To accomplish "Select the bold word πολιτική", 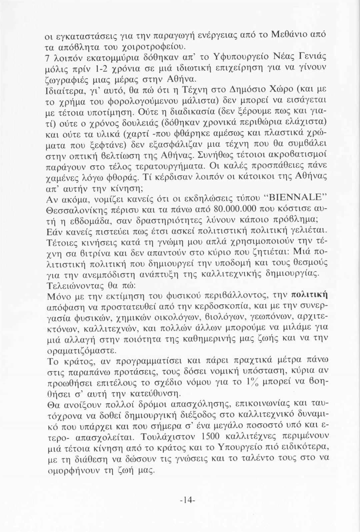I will point(309,295).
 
